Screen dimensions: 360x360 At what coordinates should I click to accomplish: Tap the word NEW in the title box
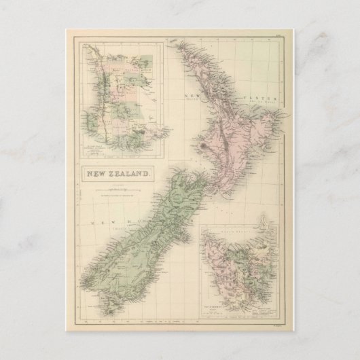click(96, 175)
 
